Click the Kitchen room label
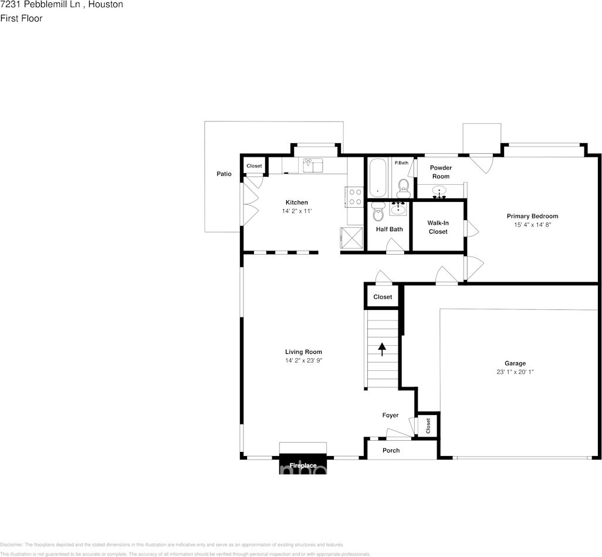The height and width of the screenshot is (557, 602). pos(296,202)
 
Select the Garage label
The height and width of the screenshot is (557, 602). pos(515,363)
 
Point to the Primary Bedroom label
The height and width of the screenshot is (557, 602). pos(532,216)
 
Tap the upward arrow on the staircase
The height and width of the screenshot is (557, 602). pos(382,350)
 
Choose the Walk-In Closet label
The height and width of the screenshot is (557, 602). pos(437,227)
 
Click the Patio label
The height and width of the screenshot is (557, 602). pos(224,174)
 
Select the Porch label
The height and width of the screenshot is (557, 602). pos(391,450)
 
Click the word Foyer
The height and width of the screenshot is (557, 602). pos(390,415)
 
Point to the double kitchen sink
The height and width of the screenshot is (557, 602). pos(313,166)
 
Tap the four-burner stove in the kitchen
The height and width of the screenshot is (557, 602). pos(354,196)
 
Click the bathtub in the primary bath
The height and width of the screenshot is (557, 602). pos(377,178)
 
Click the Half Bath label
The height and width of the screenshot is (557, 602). pos(389,229)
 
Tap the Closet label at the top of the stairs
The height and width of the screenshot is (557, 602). pos(383,297)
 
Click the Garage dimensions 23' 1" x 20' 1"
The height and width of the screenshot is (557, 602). pos(515,372)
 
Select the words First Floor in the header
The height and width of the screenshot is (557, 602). pos(21,18)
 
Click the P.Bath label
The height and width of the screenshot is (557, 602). pos(401,163)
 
